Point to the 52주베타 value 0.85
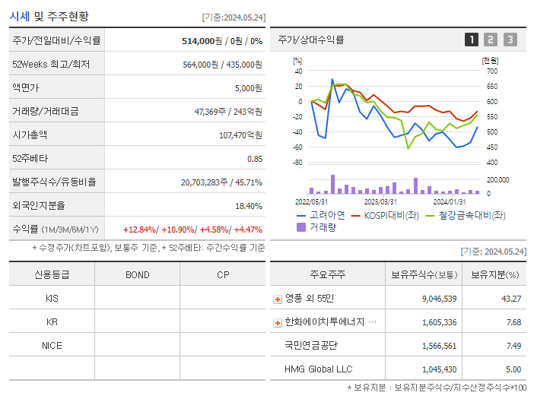pyautogui.click(x=254, y=159)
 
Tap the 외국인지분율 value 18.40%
pyautogui.click(x=248, y=206)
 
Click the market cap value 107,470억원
pyautogui.click(x=240, y=135)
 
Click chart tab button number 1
pyautogui.click(x=472, y=40)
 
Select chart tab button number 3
pyautogui.click(x=510, y=40)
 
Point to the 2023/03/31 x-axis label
pyautogui.click(x=380, y=201)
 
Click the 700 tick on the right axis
pyautogui.click(x=491, y=71)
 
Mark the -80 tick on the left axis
pyautogui.click(x=297, y=163)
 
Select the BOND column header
pyautogui.click(x=137, y=274)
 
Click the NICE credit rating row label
pyautogui.click(x=52, y=345)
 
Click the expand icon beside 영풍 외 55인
pyautogui.click(x=278, y=299)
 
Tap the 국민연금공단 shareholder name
pyautogui.click(x=311, y=345)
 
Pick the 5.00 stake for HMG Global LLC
pyautogui.click(x=513, y=369)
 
